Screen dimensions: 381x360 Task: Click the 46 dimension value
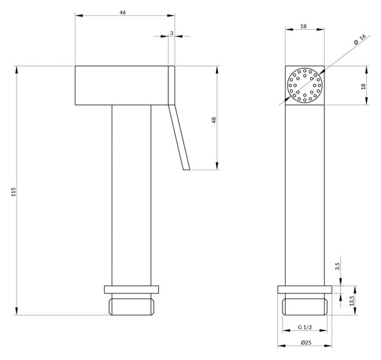coord(123,13)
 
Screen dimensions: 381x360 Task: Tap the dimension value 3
coord(171,33)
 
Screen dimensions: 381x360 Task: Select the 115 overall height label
coord(13,192)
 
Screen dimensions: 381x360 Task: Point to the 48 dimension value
coord(214,120)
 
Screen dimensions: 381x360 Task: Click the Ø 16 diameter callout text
coord(360,39)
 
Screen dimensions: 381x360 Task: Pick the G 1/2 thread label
coord(305,327)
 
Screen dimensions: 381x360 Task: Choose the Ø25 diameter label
coord(306,342)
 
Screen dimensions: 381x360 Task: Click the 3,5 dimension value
coord(337,266)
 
